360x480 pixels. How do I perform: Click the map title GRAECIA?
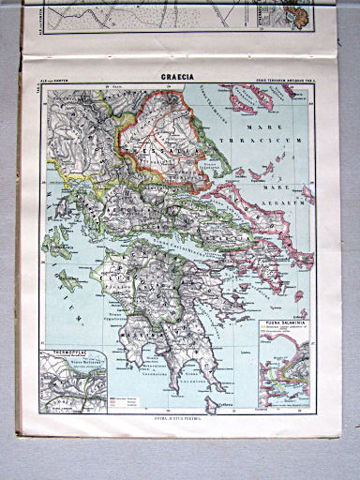pos(177,82)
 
